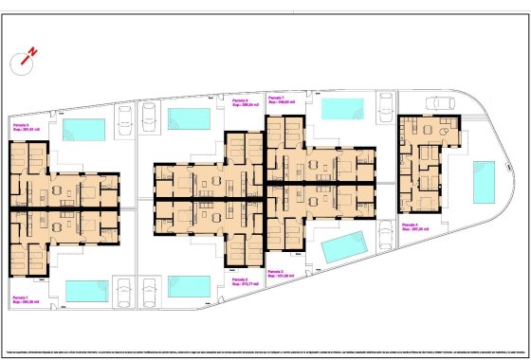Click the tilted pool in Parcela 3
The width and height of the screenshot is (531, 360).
(341, 248)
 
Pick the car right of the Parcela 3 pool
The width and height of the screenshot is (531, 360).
(387, 233)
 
